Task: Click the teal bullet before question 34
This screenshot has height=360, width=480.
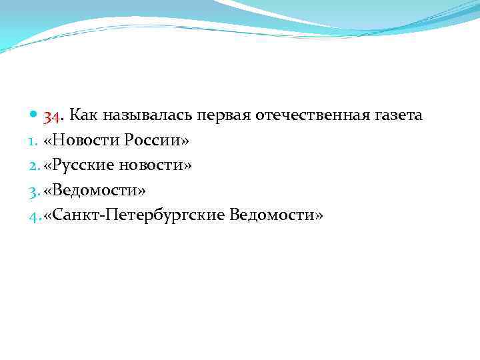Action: tap(35, 116)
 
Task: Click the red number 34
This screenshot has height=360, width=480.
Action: tap(53, 116)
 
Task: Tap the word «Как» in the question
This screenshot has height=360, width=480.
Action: tap(83, 115)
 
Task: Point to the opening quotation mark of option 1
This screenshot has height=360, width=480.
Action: tap(47, 141)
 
